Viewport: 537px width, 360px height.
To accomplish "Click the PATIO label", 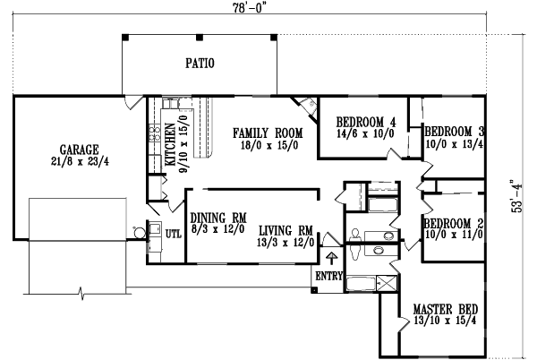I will click(200, 64).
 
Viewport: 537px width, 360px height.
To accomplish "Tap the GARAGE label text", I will click(80, 149).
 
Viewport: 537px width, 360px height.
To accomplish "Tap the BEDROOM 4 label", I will click(365, 123).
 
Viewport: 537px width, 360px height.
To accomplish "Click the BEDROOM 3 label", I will click(454, 129).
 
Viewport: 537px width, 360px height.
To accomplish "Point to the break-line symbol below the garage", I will click(83, 292).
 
